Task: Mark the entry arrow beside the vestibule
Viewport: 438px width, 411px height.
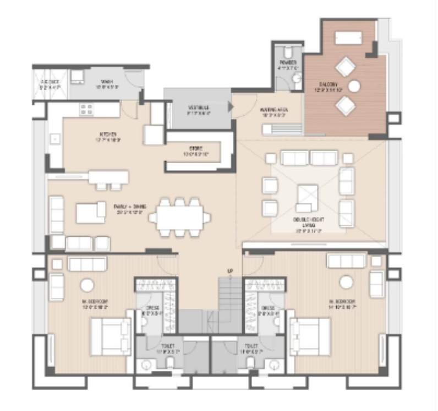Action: click(x=230, y=107)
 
